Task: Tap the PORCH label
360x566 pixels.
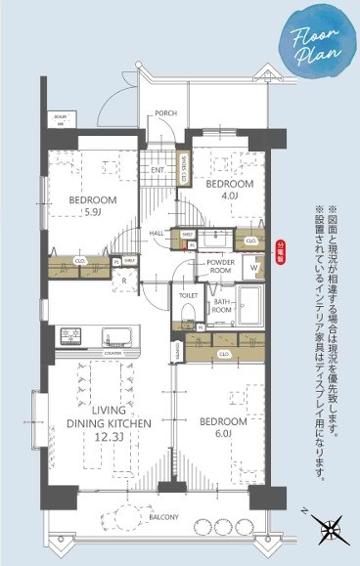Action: [165, 113]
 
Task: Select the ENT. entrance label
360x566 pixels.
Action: [157, 171]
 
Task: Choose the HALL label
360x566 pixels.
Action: [157, 233]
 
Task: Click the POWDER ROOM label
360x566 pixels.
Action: [217, 268]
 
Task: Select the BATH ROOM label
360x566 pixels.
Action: [225, 306]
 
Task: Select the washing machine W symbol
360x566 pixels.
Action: [254, 265]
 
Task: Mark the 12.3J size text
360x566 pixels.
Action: [109, 439]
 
